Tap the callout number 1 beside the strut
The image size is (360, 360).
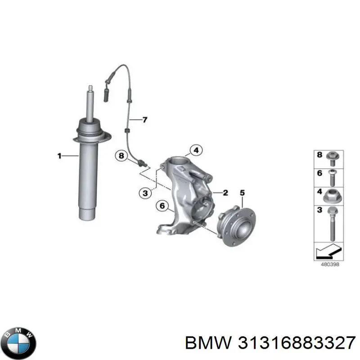point(59,156)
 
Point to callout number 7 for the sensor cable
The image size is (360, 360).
point(145,120)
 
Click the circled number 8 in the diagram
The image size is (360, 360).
point(121,156)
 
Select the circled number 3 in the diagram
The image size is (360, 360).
point(145,193)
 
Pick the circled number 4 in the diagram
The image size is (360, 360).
point(195,150)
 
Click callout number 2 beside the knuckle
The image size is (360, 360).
point(225,193)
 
